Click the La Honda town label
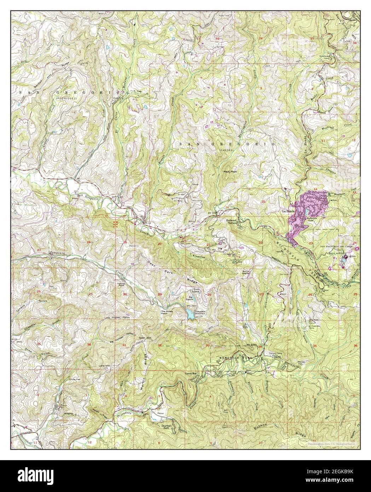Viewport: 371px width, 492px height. pos(286,212)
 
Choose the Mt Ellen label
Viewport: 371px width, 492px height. pos(251,345)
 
